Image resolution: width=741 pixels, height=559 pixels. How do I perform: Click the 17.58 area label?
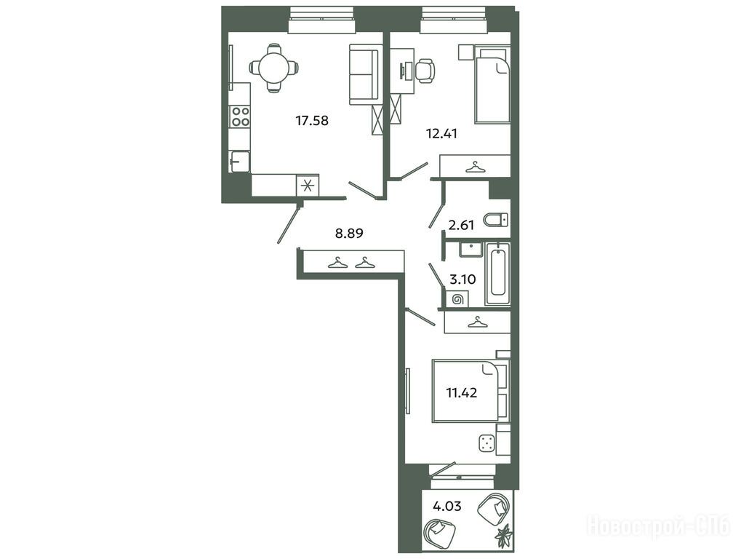tap(312, 121)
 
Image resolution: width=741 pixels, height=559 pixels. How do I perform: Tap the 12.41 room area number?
tap(442, 134)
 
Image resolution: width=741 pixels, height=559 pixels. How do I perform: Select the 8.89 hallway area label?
tap(349, 233)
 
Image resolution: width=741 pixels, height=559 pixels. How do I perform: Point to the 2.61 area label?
tap(461, 225)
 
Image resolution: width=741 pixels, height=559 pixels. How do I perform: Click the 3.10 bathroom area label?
tap(462, 279)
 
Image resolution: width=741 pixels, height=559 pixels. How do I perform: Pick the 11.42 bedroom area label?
tap(462, 392)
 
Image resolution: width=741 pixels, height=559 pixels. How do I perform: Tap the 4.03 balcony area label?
tap(447, 507)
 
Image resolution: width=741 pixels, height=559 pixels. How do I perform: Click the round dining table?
tap(273, 68)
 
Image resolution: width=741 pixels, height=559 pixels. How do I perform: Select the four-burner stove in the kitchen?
tap(240, 116)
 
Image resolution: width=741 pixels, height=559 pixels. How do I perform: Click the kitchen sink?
tap(239, 162)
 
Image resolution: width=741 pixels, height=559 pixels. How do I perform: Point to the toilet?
tap(496, 220)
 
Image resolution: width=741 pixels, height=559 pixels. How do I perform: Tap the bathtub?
tap(497, 274)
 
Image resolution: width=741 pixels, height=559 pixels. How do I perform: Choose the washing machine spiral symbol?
tap(457, 299)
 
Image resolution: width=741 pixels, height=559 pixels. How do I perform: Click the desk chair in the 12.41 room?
tap(425, 71)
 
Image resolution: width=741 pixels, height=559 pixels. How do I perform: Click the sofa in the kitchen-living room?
tap(365, 74)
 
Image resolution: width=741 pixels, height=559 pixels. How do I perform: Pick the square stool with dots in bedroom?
tap(486, 443)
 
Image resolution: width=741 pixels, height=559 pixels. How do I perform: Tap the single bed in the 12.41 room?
tap(492, 84)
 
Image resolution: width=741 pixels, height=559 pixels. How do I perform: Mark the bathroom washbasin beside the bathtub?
tap(471, 249)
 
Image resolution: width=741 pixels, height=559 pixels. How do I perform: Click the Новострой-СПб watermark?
tap(659, 526)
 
